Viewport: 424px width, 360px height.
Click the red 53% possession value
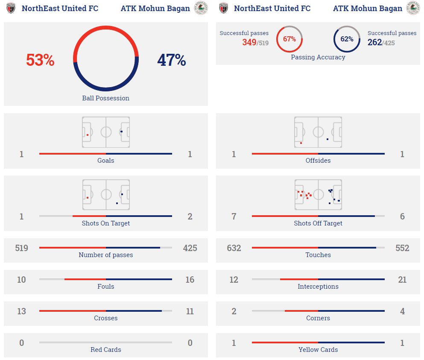tap(40, 60)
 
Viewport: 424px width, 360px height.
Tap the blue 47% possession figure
tap(171, 60)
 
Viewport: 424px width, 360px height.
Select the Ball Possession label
tap(105, 98)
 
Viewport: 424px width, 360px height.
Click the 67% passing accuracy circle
tap(289, 39)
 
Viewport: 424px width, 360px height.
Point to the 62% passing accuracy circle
tap(347, 39)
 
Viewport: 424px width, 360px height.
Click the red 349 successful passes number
tap(249, 42)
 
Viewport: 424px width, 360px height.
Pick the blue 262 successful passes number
tap(374, 42)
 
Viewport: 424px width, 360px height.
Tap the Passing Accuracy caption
tap(318, 57)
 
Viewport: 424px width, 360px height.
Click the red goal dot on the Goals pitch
tap(88, 135)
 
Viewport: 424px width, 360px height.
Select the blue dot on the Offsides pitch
tap(328, 139)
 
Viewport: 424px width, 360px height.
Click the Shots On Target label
tap(105, 223)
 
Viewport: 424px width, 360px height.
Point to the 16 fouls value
tap(190, 280)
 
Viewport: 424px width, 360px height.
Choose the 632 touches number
tap(234, 248)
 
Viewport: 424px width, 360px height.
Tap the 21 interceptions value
tap(402, 280)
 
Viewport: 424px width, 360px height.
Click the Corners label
tap(318, 318)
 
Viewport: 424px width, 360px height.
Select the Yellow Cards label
tap(318, 350)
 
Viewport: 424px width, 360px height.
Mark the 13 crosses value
tap(21, 311)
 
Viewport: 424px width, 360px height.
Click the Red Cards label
tap(105, 350)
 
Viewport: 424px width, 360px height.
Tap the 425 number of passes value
tap(190, 248)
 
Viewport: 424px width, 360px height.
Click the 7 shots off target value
tap(234, 217)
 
